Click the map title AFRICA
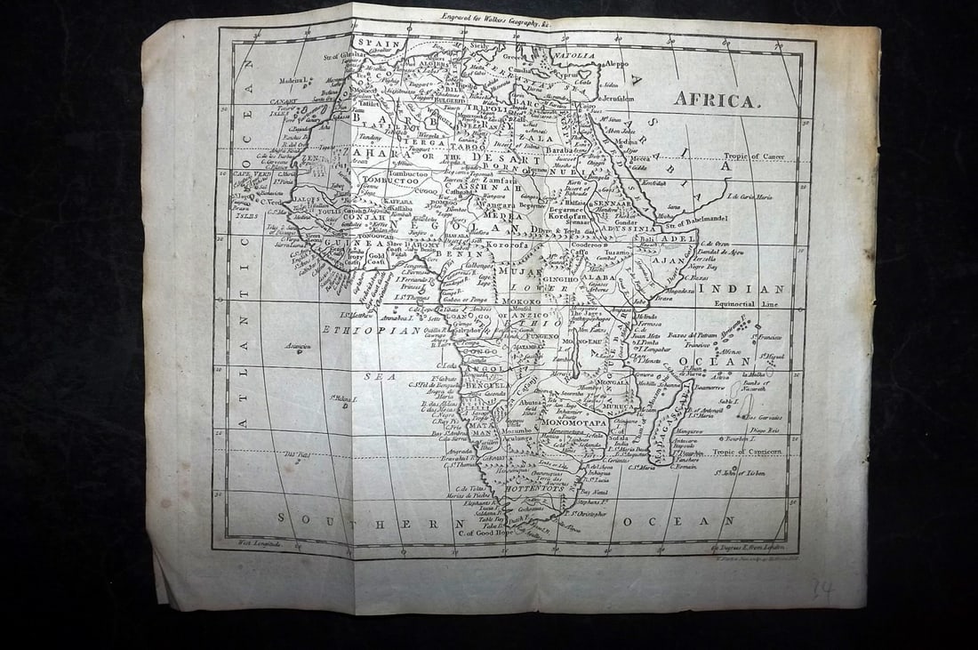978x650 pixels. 717,100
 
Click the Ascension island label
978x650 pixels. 297,345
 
